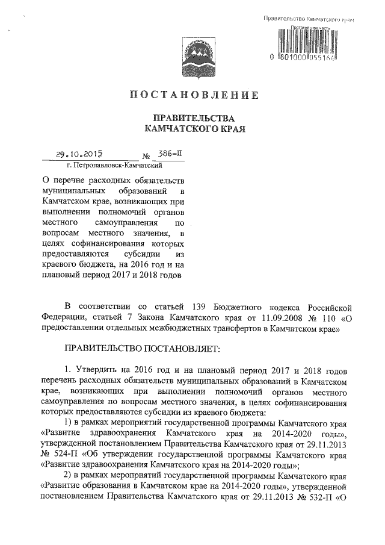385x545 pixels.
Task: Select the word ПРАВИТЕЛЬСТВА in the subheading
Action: pyautogui.click(x=192, y=118)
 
